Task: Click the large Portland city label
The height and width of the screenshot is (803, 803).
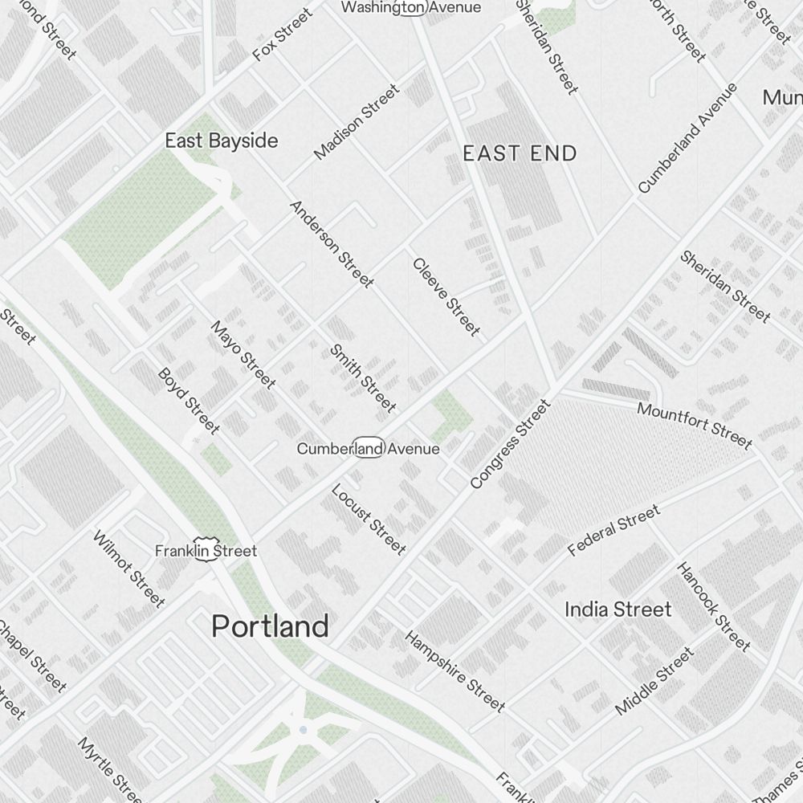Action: coord(270,626)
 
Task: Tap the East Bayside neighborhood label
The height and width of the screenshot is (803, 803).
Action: coord(222,141)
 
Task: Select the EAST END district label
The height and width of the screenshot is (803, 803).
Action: coord(520,153)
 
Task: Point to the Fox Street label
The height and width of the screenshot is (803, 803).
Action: coord(282,35)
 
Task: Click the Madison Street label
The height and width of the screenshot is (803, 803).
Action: coord(356,121)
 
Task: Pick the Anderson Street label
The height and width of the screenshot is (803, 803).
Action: coord(331,244)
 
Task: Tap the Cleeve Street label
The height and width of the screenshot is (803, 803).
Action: coord(446,296)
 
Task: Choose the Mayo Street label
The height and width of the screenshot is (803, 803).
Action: coord(243,353)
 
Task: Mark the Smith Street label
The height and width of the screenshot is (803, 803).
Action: coord(363,377)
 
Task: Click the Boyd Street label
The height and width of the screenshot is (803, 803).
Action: coord(189,400)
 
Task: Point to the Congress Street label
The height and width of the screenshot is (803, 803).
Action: coord(511,444)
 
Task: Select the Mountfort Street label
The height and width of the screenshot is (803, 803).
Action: coord(695,426)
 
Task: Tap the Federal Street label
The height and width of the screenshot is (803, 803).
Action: coord(613,531)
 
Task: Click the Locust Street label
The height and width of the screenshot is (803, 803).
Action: coord(368,519)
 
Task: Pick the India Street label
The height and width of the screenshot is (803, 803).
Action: coord(618,609)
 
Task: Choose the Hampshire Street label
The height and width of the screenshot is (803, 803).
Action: coord(454,671)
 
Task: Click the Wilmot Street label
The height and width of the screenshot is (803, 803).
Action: coord(129,569)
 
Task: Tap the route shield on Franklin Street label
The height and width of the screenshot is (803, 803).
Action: coord(202,552)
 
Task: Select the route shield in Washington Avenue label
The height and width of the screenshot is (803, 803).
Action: coord(413,8)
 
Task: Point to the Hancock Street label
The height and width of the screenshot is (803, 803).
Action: coord(714,606)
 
